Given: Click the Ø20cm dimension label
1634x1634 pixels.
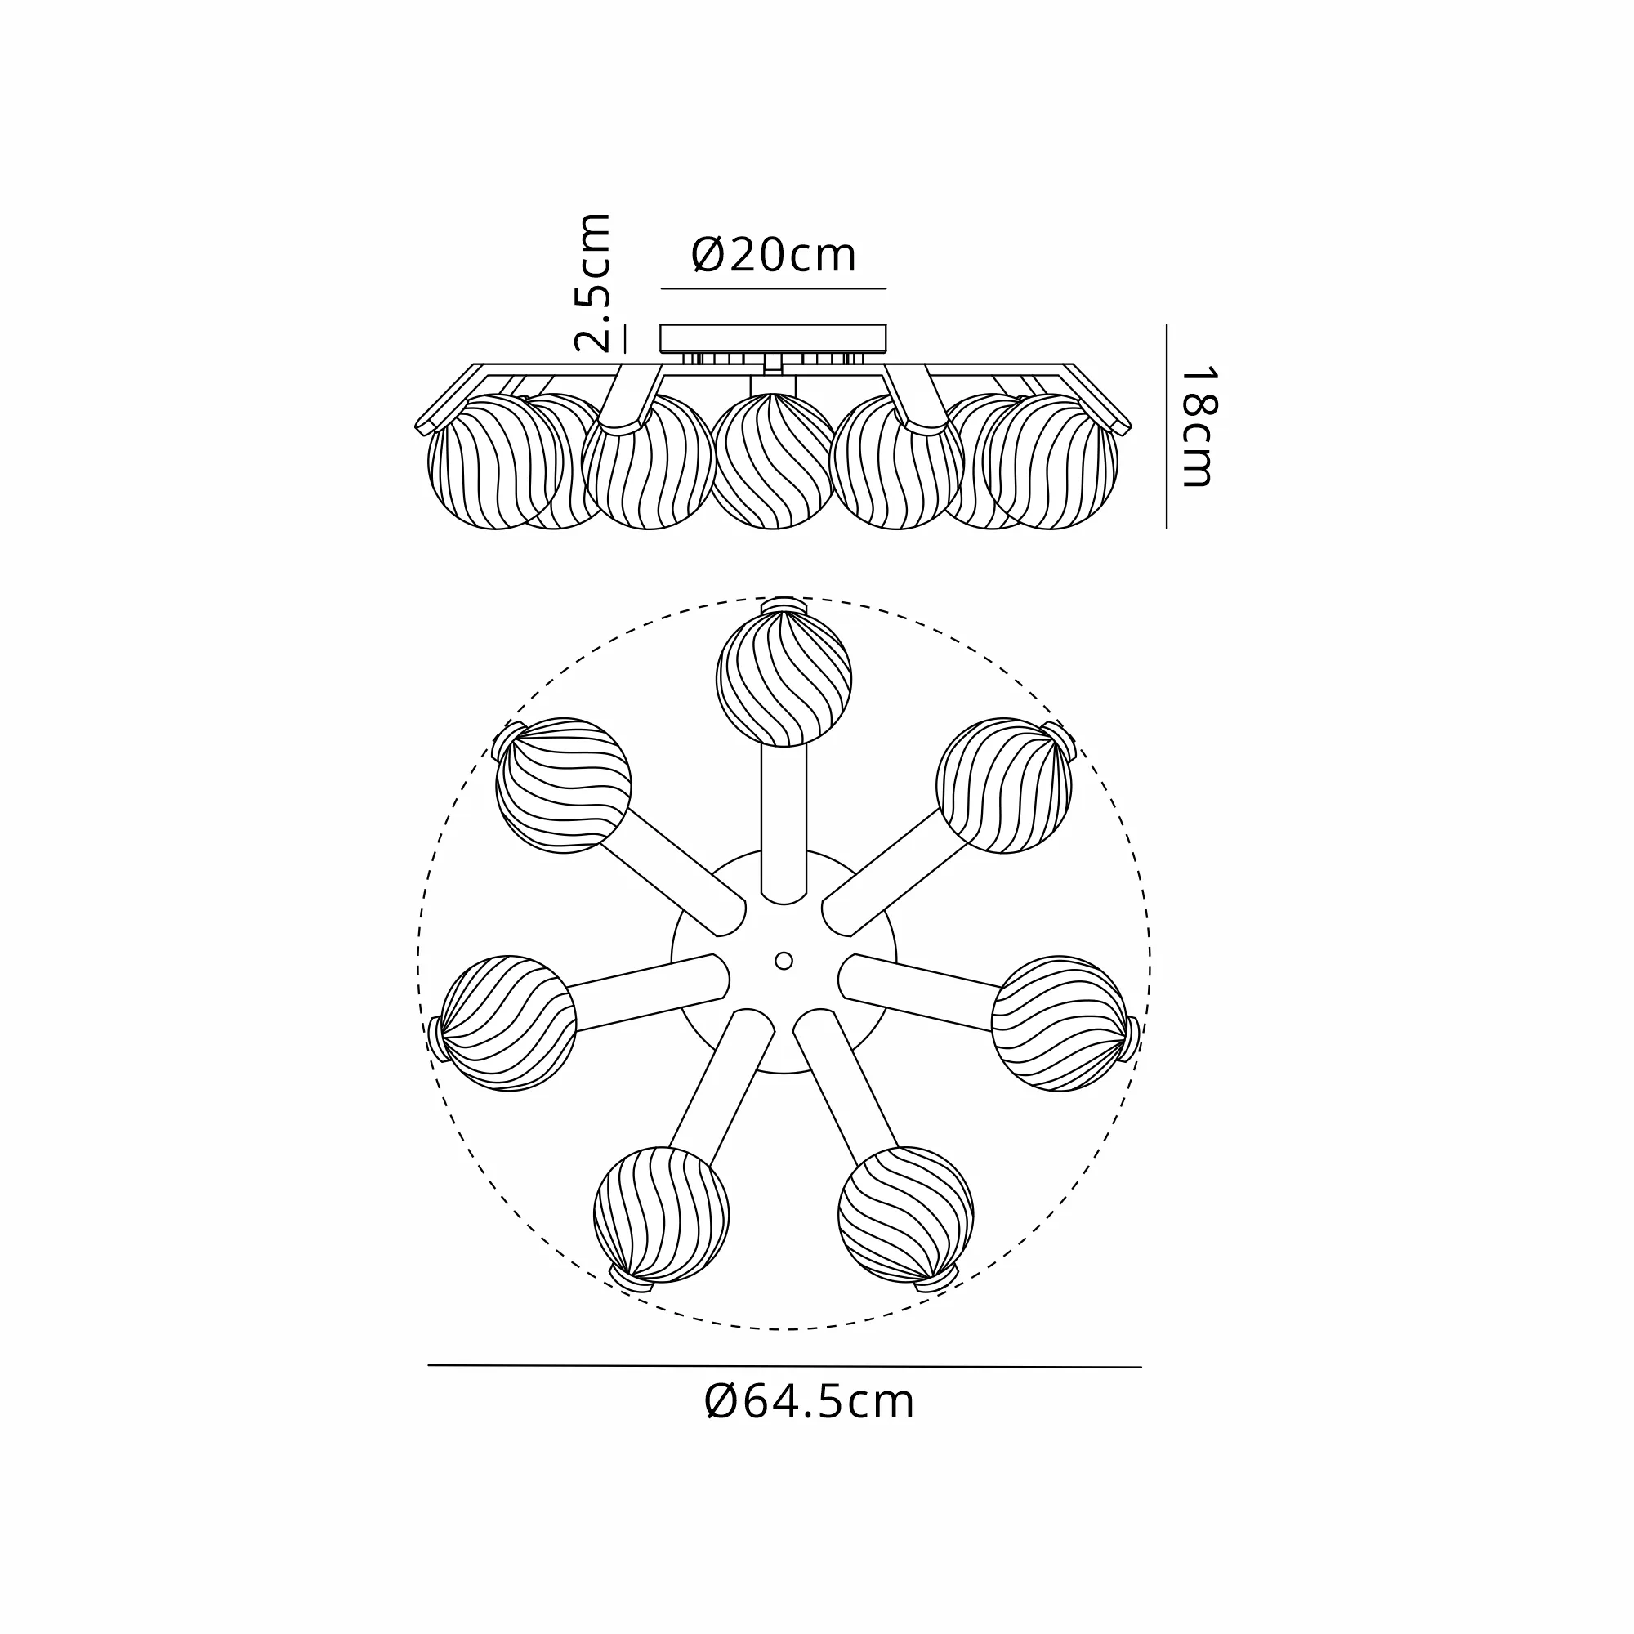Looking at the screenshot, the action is (x=774, y=255).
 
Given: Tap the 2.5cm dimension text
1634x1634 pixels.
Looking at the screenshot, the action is (x=592, y=283).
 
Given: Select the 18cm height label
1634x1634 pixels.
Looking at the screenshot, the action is (x=1198, y=426).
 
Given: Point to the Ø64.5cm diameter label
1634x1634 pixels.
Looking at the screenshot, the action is (x=809, y=1402).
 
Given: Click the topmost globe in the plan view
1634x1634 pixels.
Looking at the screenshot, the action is (x=784, y=679).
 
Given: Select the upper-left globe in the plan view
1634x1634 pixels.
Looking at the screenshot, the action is (x=563, y=786).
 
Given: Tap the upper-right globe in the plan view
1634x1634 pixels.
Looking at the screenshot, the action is (x=1004, y=786).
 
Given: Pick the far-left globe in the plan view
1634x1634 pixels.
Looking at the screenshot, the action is (x=508, y=1024).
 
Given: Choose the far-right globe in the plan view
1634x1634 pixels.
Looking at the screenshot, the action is (x=1059, y=1024).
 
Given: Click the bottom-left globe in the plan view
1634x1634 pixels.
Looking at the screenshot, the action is (x=662, y=1215).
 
